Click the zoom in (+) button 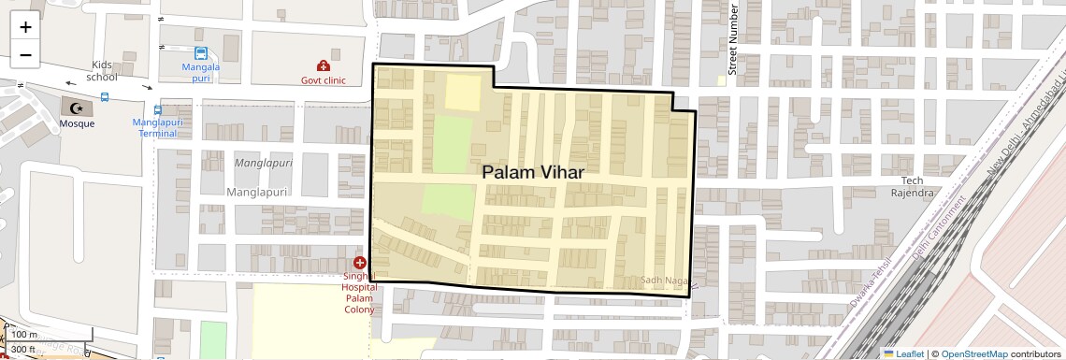[25, 27]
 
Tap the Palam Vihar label [533, 173]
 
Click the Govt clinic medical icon [323, 66]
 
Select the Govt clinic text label [323, 80]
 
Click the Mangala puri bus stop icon [201, 54]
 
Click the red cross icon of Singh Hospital [360, 264]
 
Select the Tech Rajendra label [917, 186]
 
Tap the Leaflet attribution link [903, 353]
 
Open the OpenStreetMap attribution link [974, 353]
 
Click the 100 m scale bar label [23, 335]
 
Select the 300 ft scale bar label [23, 349]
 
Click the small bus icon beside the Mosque [104, 96]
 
